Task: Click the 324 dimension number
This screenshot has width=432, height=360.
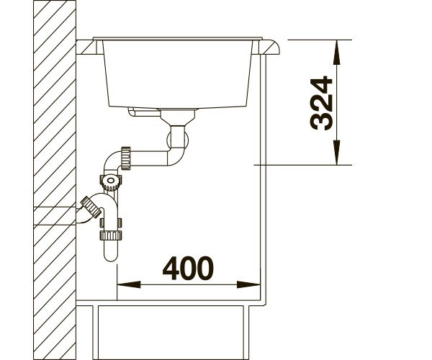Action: point(322,103)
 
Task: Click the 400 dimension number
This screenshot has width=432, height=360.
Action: point(188,268)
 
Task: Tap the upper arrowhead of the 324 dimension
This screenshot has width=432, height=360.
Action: point(337,53)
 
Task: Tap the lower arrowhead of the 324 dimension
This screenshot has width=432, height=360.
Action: point(337,153)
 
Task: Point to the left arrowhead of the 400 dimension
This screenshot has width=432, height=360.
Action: point(129,284)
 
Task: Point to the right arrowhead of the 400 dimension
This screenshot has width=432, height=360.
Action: point(248,284)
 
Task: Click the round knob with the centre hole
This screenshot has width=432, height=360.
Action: point(111,181)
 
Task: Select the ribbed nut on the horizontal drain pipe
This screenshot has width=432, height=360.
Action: point(125,158)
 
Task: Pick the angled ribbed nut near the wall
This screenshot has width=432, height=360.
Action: point(91,207)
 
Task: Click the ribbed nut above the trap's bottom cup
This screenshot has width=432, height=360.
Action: point(111,235)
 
